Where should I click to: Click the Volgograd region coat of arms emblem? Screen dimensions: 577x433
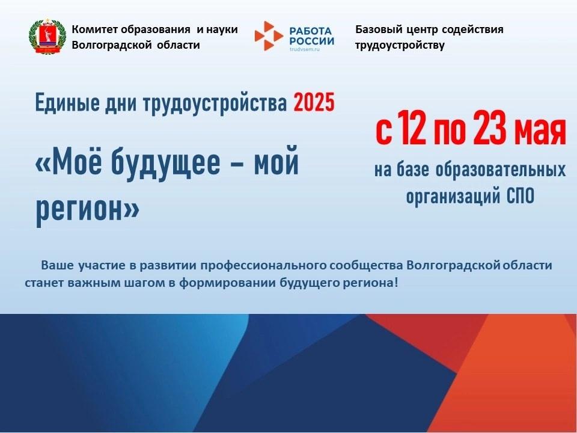(x=47, y=35)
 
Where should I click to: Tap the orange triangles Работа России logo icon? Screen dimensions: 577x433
(x=269, y=35)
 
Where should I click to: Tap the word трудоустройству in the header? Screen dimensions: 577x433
(x=400, y=45)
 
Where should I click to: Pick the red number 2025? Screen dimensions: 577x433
(x=314, y=102)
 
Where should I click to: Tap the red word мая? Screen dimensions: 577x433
(x=540, y=132)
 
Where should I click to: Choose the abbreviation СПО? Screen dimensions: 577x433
(x=521, y=197)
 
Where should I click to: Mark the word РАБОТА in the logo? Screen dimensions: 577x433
(x=311, y=31)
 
